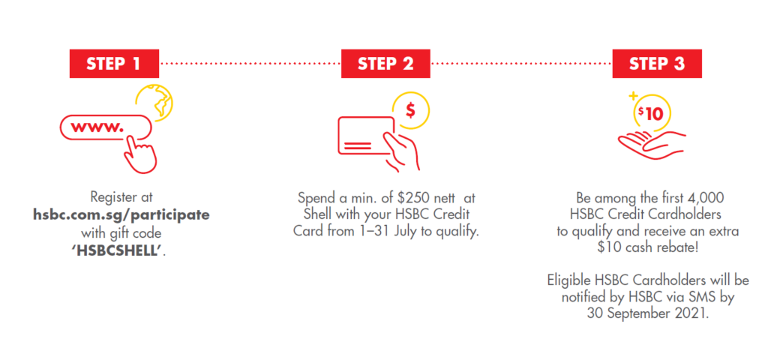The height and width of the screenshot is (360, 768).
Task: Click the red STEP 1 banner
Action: (114, 64)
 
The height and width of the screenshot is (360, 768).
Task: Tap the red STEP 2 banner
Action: (385, 64)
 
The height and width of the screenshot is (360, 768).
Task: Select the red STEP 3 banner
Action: (657, 64)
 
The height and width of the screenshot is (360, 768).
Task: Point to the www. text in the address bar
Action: (97, 127)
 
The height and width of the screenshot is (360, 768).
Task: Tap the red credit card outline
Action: (366, 134)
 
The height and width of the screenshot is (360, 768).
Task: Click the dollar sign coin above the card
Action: (410, 111)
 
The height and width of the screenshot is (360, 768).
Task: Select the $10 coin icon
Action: (650, 115)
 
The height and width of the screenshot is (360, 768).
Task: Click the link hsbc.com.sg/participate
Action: (121, 215)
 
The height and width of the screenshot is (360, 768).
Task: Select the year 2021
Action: (692, 313)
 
